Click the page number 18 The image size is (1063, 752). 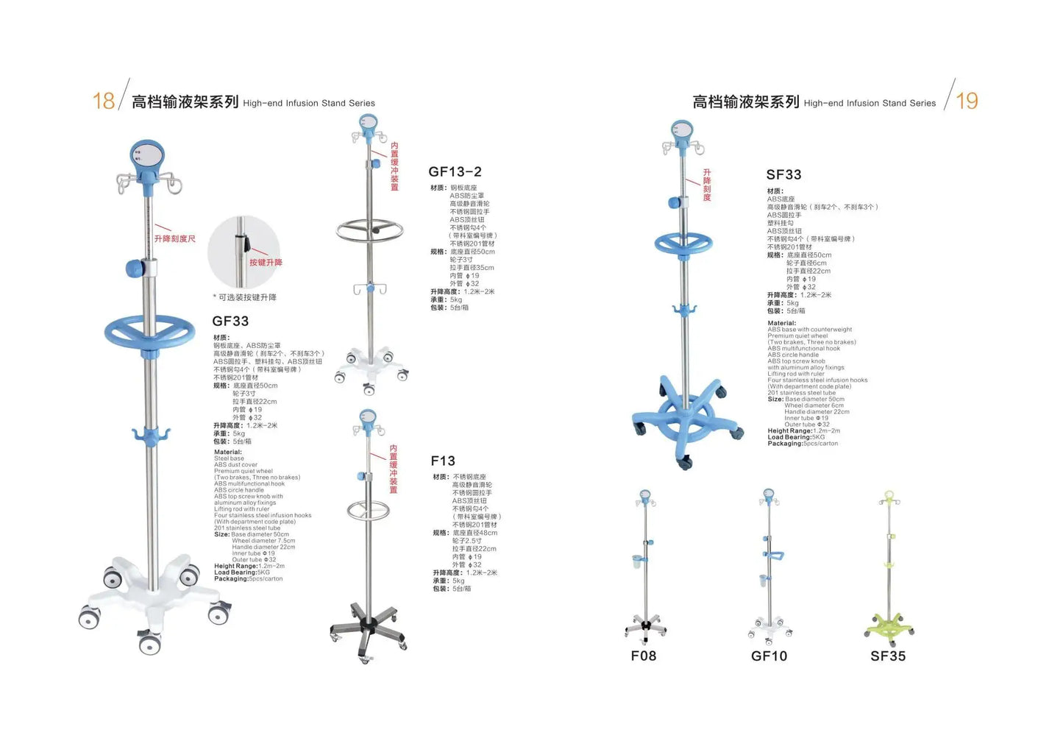[104, 101]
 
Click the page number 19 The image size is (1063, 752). [967, 101]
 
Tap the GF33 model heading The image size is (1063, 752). [230, 321]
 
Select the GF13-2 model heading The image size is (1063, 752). [455, 171]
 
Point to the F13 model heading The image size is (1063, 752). [443, 461]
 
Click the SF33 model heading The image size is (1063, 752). [783, 174]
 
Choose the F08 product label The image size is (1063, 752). [643, 656]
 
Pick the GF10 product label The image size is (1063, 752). [769, 656]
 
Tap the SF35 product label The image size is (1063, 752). [888, 656]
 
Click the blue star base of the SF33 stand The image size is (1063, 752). [685, 419]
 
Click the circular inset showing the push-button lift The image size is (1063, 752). [243, 252]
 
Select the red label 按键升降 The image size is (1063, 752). [266, 263]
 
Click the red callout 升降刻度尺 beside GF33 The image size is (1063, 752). [175, 238]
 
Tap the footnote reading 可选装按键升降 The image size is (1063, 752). [245, 297]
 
